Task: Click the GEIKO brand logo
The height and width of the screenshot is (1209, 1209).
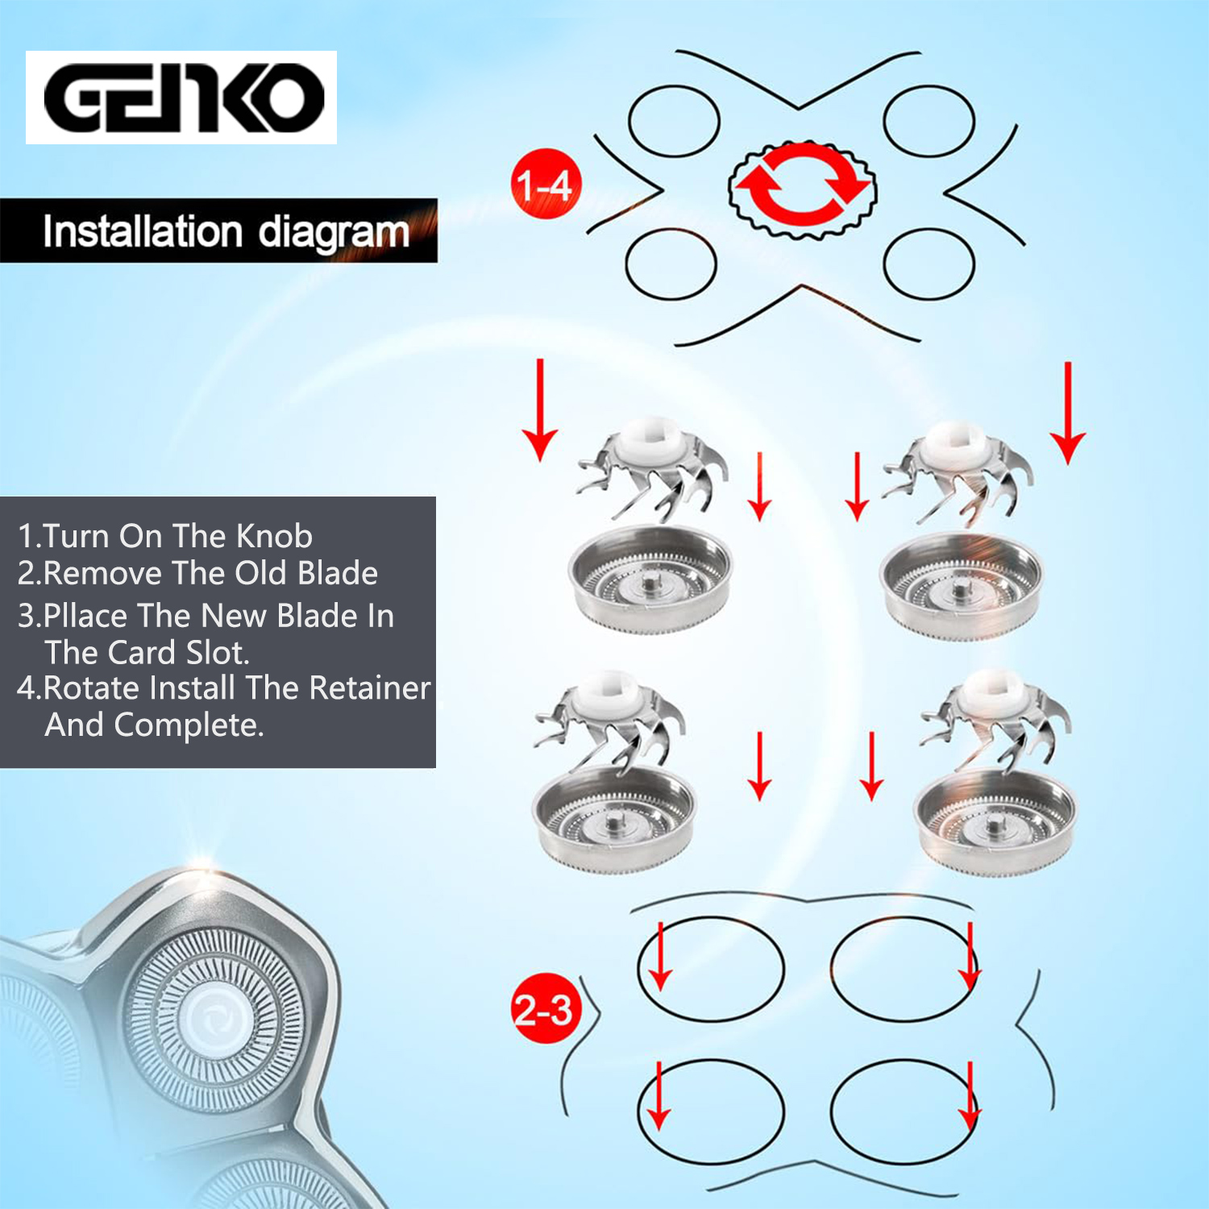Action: (181, 98)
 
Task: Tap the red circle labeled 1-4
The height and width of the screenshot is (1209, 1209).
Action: (546, 185)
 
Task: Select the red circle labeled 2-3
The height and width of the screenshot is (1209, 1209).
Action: (545, 1008)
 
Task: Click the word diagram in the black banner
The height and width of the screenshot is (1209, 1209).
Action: (334, 232)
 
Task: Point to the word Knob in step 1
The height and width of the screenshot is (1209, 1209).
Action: (274, 536)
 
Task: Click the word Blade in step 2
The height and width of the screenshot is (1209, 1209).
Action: (338, 573)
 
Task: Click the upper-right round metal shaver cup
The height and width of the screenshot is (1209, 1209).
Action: (960, 584)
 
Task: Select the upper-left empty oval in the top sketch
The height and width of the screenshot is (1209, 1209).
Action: (674, 121)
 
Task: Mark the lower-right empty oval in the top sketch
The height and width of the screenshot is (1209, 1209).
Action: (929, 264)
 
